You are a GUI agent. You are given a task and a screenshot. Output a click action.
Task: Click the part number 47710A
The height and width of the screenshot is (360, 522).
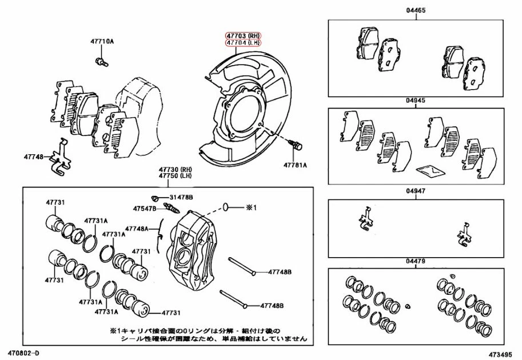[102, 42]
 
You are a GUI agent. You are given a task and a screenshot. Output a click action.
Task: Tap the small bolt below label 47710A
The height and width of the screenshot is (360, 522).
[99, 61]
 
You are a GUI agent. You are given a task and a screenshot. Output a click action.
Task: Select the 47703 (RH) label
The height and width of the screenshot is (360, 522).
[242, 35]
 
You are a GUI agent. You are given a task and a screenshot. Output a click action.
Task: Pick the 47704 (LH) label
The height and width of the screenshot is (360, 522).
[242, 43]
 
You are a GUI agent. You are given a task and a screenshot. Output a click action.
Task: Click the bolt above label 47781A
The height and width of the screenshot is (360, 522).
[296, 145]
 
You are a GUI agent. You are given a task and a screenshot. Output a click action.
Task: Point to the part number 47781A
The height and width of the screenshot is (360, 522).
[295, 165]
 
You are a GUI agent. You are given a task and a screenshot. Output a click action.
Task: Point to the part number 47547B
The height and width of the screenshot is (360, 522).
[145, 209]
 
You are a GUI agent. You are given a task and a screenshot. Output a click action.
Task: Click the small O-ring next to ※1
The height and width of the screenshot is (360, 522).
[226, 207]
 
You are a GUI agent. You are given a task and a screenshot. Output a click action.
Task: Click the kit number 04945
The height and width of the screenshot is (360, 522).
[416, 101]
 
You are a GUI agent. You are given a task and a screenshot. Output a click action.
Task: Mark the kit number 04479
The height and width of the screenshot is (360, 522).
[416, 261]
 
